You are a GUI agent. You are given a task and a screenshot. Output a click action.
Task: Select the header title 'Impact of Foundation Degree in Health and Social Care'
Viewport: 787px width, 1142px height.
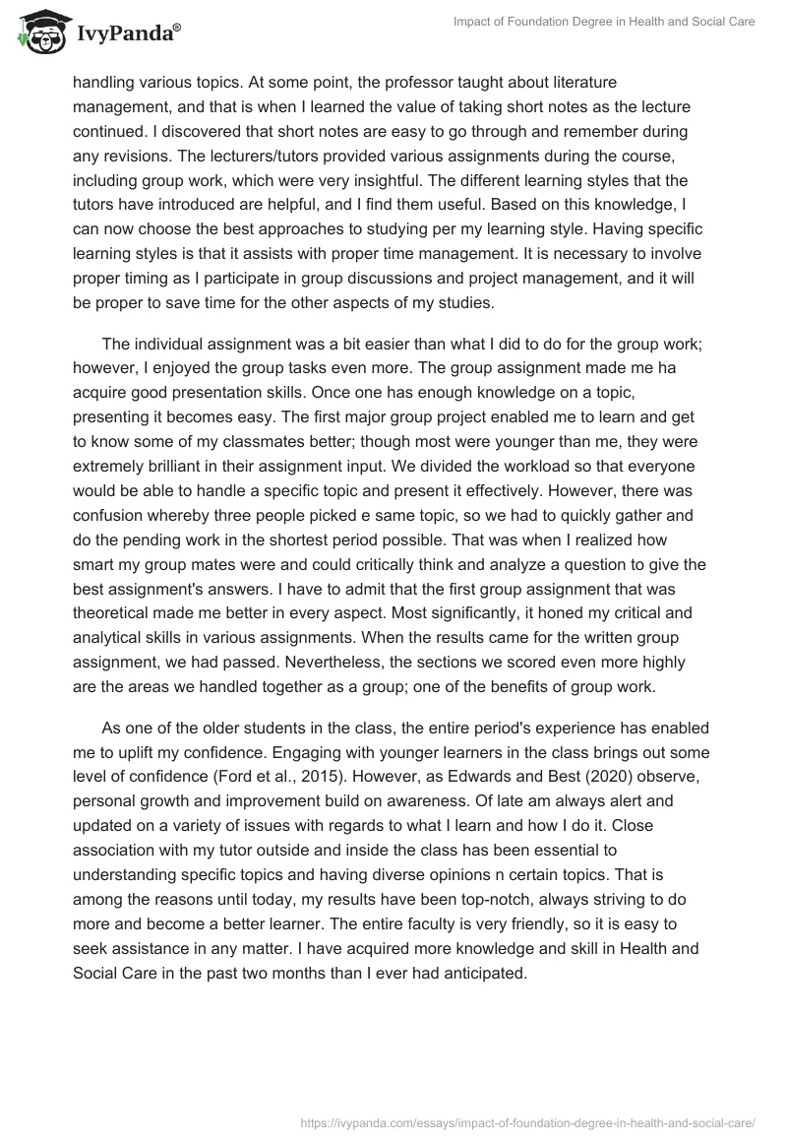point(604,21)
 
